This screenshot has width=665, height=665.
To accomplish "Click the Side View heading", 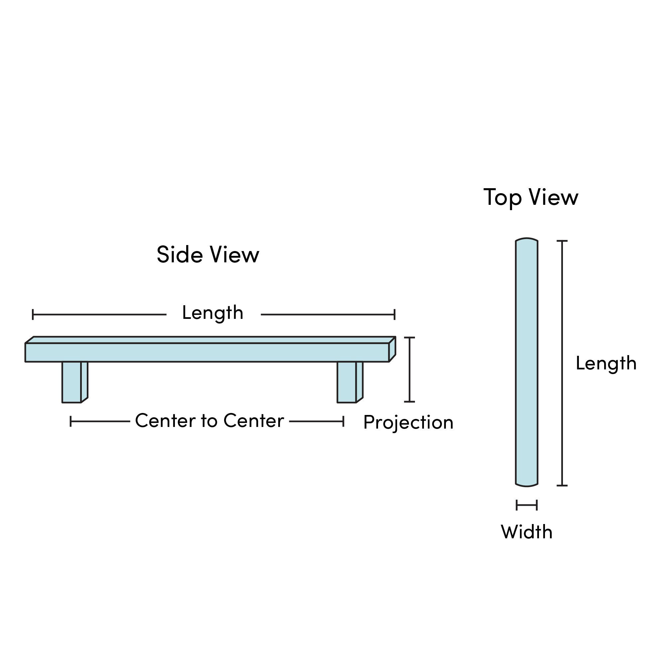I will [208, 255].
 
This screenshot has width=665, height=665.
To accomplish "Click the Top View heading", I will [531, 198].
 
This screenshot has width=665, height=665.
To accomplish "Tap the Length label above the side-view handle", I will [213, 313].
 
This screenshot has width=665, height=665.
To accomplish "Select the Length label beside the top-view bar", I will [606, 363].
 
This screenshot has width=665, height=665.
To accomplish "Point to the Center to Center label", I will [209, 421].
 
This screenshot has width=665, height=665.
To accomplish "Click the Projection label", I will [408, 422].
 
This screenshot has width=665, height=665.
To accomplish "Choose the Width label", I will [527, 532].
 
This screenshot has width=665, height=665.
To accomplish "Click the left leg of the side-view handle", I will [71, 382].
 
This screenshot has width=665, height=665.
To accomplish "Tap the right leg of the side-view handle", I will [346, 382].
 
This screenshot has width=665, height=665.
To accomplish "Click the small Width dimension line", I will [527, 505].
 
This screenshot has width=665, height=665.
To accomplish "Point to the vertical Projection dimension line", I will [410, 369].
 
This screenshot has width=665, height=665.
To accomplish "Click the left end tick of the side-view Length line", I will [33, 315].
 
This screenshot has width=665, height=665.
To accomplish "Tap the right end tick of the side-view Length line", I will [395, 315].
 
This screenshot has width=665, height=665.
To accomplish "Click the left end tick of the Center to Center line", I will [70, 421].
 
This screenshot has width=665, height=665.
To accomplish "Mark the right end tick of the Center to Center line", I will [343, 421].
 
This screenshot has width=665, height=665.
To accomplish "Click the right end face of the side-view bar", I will [392, 349].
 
